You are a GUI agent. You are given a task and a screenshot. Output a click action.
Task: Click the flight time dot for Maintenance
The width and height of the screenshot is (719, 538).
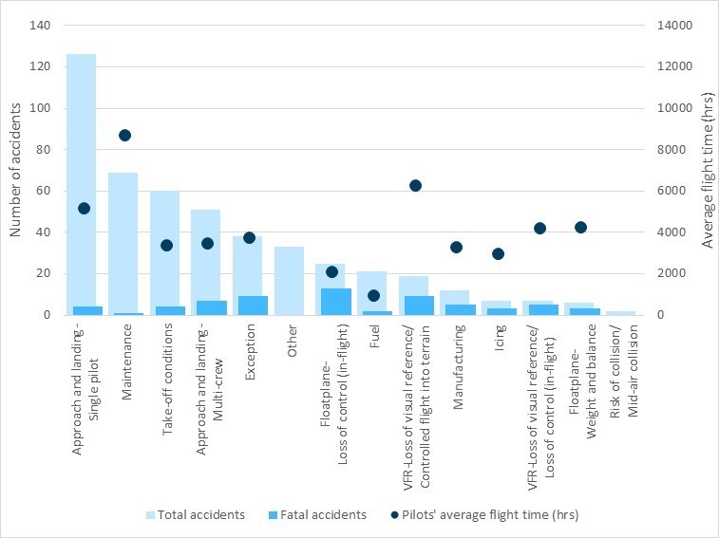124,135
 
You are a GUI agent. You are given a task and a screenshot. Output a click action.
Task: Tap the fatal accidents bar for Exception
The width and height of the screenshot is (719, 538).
254,306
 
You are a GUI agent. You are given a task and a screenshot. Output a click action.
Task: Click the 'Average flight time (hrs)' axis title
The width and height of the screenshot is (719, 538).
708,170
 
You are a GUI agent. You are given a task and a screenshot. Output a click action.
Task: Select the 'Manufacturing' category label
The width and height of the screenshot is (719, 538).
457,366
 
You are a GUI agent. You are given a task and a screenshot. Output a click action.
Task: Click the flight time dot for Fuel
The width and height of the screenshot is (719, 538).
373,295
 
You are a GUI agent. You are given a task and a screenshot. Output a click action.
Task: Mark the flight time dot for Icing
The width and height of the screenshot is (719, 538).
498,253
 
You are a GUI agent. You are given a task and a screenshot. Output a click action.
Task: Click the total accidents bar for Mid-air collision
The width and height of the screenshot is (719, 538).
621,312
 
